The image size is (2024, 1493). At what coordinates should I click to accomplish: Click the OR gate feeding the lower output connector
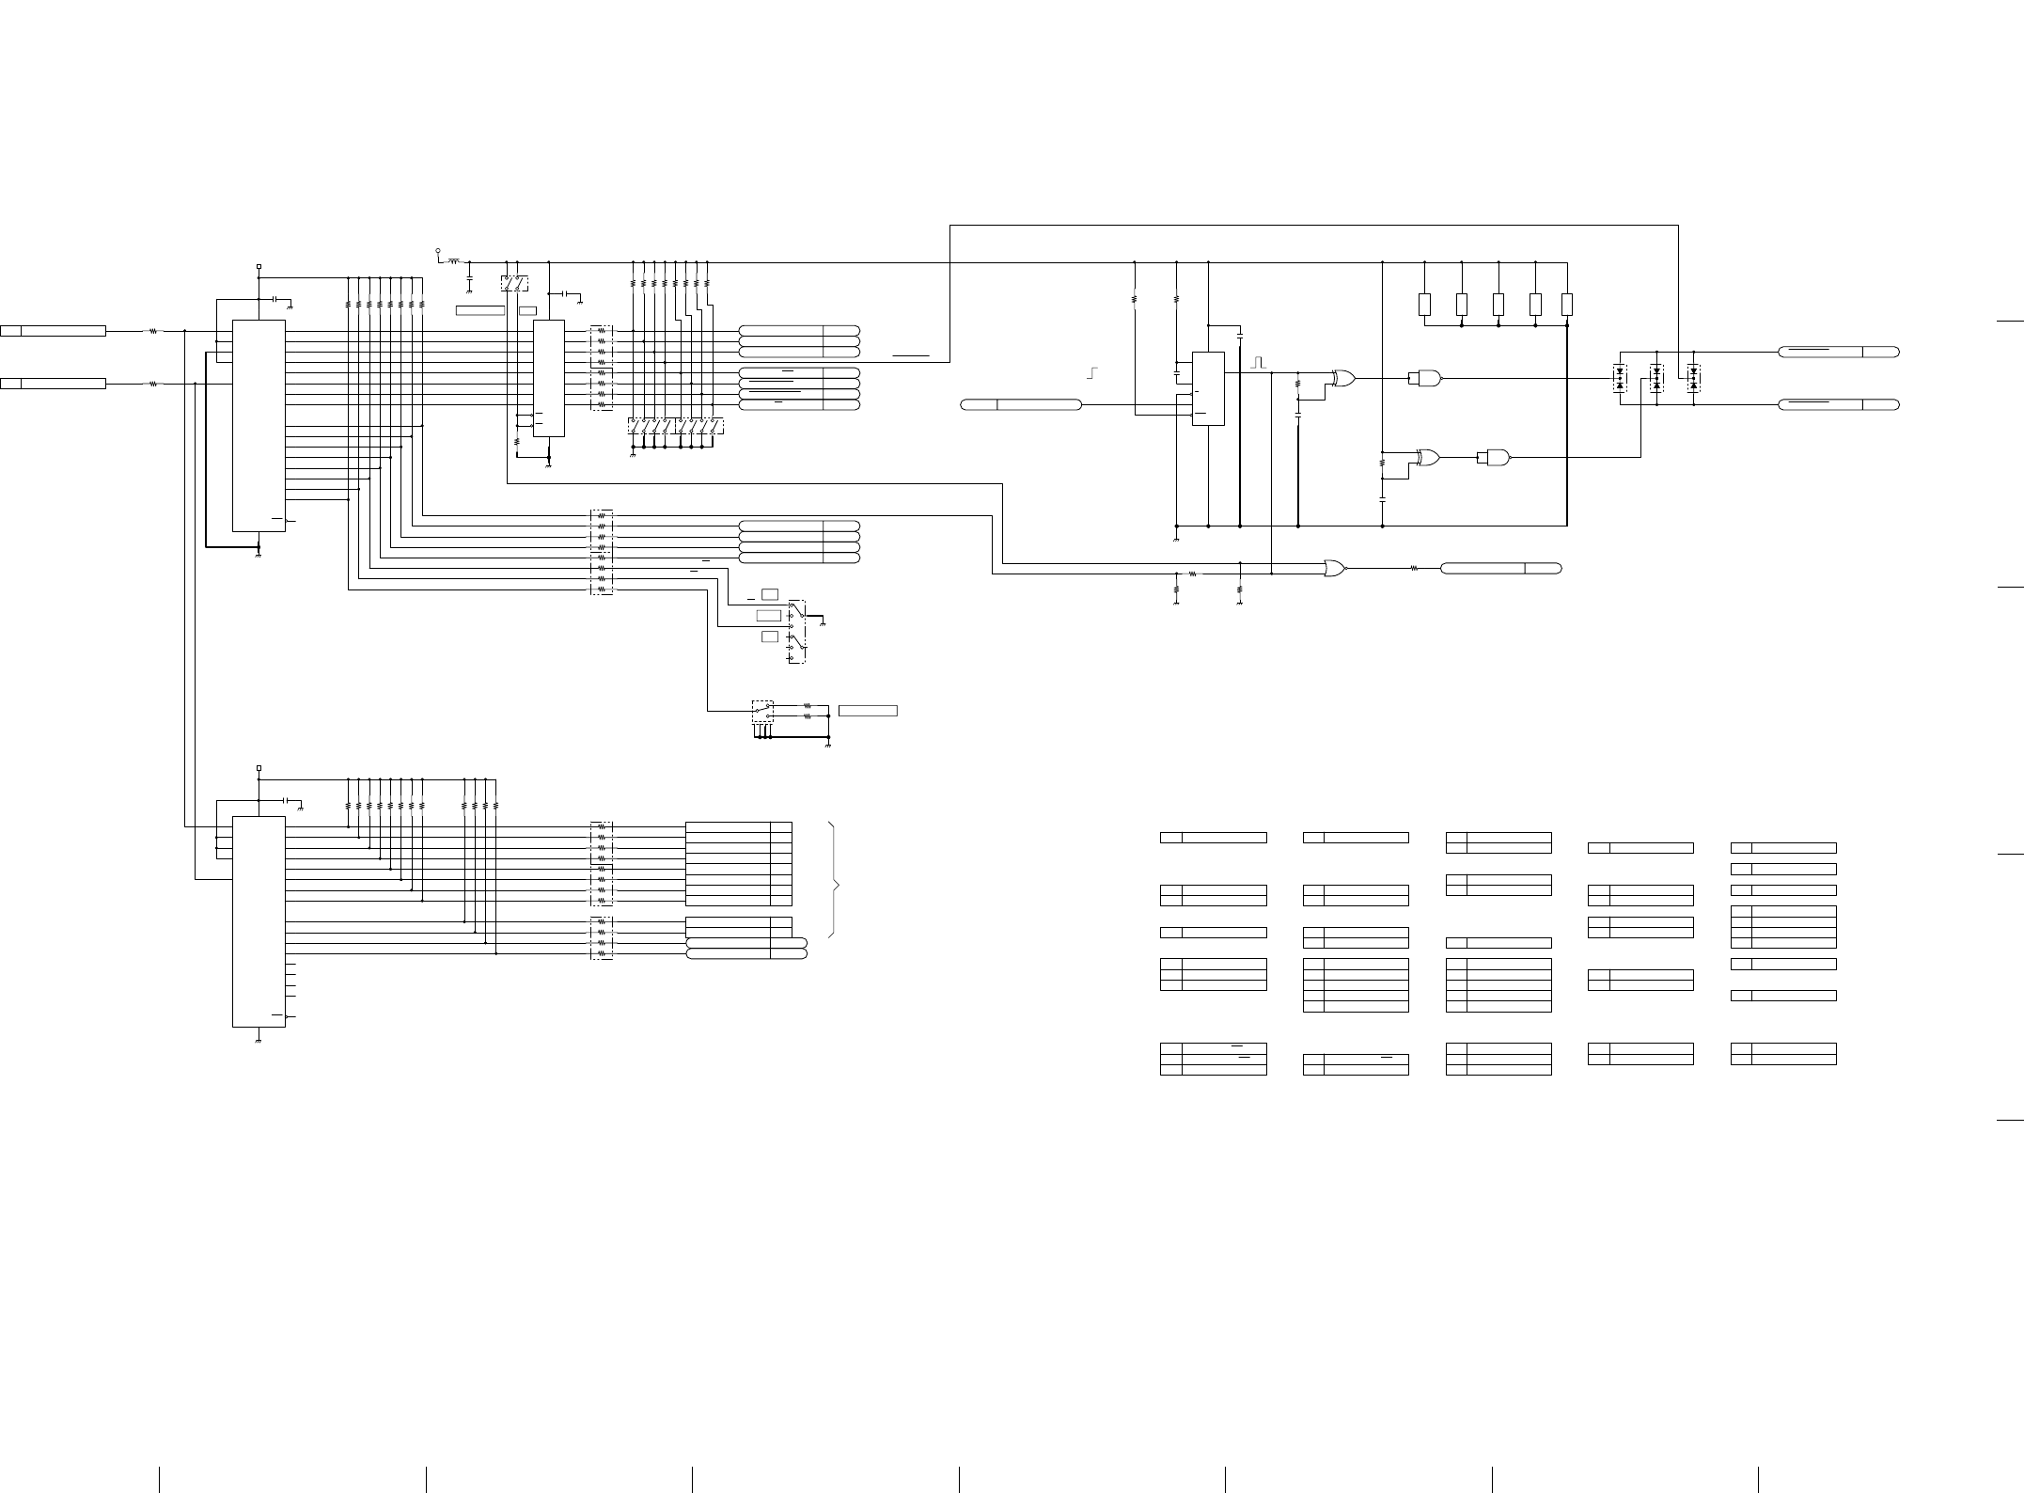tap(1334, 568)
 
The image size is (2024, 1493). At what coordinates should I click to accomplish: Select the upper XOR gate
tap(1344, 379)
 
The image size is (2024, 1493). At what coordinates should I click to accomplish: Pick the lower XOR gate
tap(1427, 458)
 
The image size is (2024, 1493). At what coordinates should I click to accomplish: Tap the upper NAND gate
tap(1427, 378)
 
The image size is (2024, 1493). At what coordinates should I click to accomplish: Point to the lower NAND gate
tap(1495, 458)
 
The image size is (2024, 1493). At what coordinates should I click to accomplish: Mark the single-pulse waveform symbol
tap(1259, 362)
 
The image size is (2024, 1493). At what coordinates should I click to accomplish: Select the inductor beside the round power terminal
tap(455, 261)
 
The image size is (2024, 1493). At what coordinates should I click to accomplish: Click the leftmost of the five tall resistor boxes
tap(1424, 305)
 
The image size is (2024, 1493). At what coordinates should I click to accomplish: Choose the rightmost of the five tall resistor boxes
tap(1567, 305)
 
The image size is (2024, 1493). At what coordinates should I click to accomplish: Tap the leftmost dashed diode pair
tap(1619, 379)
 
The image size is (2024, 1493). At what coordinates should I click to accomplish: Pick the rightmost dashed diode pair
tap(1693, 379)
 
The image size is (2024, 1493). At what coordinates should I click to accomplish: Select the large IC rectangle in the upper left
tap(259, 425)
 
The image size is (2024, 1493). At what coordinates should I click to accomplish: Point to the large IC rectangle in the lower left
tap(259, 921)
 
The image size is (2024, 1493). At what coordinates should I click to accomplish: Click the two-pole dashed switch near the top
tap(514, 283)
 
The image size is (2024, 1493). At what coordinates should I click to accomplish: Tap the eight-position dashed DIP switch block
tap(676, 426)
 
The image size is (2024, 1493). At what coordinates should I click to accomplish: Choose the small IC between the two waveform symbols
tap(1208, 388)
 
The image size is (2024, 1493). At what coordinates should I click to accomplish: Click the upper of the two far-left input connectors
tap(54, 331)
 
